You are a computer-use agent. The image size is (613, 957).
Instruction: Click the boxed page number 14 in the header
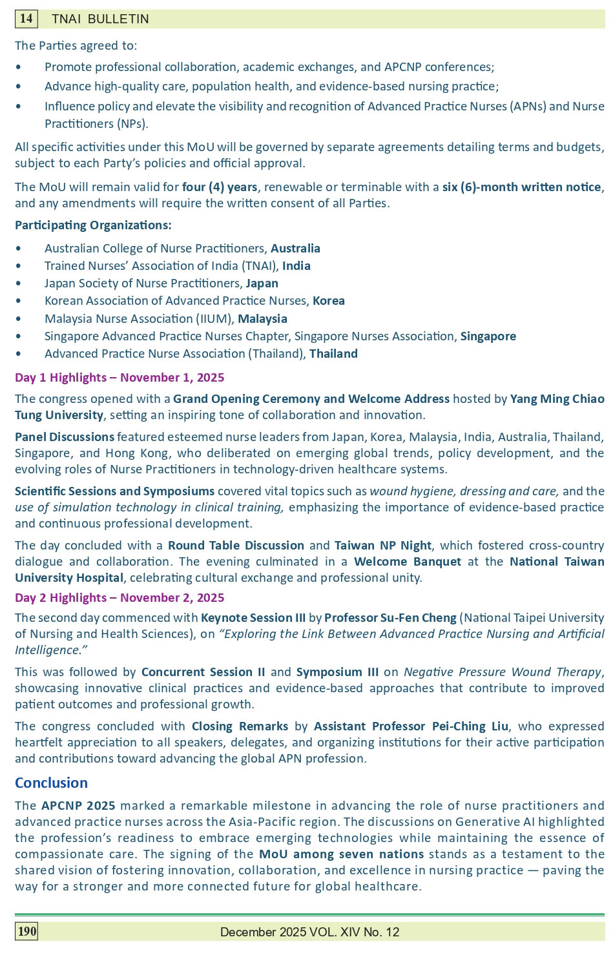pos(26,19)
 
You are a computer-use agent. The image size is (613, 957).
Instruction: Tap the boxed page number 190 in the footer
pos(26,931)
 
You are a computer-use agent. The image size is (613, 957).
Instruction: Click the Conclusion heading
pos(51,783)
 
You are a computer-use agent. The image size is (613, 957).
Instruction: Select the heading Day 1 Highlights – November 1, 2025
pos(119,377)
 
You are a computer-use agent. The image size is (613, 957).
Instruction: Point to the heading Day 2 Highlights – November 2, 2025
pos(119,597)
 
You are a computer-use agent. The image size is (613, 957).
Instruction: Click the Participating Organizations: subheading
pos(93,225)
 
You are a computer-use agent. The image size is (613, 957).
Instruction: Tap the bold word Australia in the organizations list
pos(295,248)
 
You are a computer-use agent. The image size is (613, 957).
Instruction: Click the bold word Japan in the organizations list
pos(262,283)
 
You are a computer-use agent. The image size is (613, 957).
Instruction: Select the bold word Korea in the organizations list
pos(328,300)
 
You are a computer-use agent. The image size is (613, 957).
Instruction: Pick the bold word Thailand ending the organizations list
pos(333,353)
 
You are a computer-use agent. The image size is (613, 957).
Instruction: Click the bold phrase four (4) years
pos(220,187)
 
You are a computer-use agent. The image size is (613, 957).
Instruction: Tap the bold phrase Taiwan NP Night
pos(384,545)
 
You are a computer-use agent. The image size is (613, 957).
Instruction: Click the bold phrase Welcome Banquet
pos(407,561)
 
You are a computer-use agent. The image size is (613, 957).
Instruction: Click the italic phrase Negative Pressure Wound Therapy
pos(503,672)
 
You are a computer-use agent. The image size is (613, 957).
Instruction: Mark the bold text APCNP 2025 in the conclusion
pos(78,805)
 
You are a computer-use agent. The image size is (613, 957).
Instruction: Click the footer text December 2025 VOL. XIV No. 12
pos(309,931)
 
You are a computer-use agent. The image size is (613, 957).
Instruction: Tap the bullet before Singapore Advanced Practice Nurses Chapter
pos(18,336)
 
